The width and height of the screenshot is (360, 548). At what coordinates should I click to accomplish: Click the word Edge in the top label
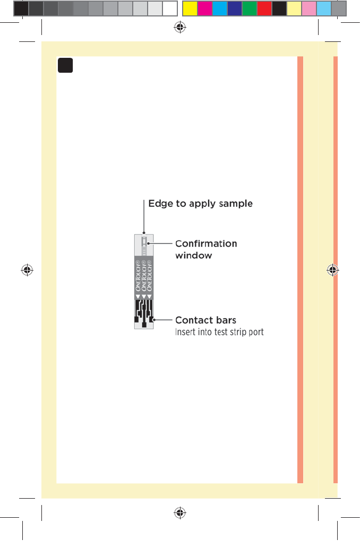[158, 204]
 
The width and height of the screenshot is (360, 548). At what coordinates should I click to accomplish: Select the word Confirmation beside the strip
[206, 244]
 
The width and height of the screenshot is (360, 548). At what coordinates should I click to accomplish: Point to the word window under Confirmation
[194, 256]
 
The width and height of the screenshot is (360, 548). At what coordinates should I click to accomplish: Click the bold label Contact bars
[205, 320]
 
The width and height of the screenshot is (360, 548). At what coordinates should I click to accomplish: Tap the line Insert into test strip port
[219, 333]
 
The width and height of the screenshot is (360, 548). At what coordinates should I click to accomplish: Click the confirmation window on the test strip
[143, 245]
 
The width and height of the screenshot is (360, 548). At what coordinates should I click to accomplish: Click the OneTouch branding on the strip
[143, 275]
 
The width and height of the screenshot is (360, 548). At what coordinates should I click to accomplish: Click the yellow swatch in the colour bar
[190, 8]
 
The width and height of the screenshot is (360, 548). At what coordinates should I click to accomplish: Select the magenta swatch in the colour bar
[204, 8]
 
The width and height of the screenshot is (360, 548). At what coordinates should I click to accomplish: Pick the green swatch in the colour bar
[250, 8]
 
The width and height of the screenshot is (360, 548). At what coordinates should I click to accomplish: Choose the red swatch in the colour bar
[264, 8]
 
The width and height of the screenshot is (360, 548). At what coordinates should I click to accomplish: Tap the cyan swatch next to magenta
[219, 8]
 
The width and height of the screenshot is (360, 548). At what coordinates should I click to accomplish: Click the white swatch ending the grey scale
[169, 8]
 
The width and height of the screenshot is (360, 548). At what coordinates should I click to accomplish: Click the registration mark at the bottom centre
[180, 512]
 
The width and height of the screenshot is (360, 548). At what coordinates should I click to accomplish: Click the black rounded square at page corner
[65, 65]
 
